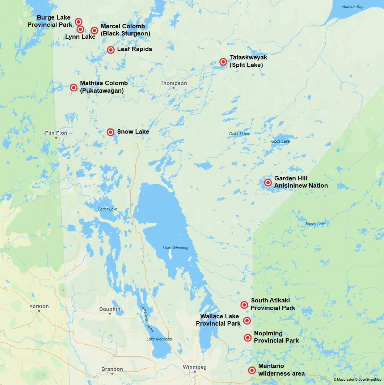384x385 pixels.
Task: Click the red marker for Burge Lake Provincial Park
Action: [x=78, y=22]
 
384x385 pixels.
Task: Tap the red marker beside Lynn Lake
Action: [x=80, y=29]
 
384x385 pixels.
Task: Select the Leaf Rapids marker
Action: [x=111, y=50]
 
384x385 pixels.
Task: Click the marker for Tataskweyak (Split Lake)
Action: [x=223, y=62]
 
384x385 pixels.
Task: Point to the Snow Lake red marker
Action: [x=110, y=132]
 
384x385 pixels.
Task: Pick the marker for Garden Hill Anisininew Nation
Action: [x=268, y=183]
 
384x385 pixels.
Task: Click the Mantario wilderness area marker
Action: [x=252, y=370]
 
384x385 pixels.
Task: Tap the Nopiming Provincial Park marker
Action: [x=248, y=338]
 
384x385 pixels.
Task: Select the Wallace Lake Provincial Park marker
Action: [x=247, y=321]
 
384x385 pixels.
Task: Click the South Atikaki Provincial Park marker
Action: [x=244, y=305]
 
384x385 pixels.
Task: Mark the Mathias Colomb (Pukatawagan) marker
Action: [x=73, y=87]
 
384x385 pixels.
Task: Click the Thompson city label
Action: [x=174, y=83]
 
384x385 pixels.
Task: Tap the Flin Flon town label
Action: [x=56, y=133]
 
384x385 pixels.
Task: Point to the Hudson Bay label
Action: [x=353, y=7]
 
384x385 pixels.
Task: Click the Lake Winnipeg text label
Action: [x=175, y=248]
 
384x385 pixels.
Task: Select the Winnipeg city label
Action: [x=194, y=367]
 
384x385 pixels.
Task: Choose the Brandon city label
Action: [x=112, y=369]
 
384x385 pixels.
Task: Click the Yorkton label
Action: [x=39, y=306]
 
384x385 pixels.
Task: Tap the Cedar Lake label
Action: [x=107, y=209]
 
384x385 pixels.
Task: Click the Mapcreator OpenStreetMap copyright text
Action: [x=357, y=379]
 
